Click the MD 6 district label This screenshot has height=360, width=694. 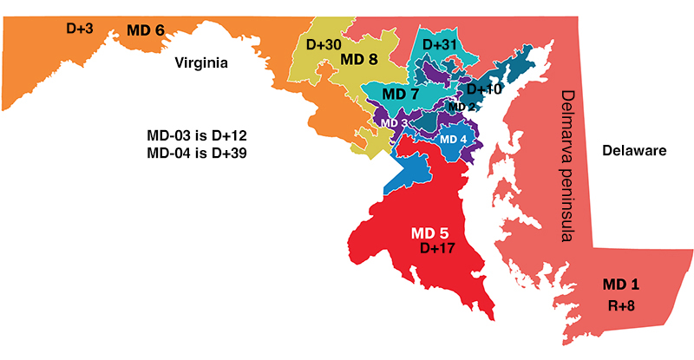pos(146,30)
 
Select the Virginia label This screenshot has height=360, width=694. pos(200,62)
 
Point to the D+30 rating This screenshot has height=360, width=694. pos(324,43)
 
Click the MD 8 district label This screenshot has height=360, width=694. pos(358,59)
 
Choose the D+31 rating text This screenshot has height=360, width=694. pos(440,43)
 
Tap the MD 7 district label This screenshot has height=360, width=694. pos(401,93)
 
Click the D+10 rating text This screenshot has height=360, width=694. pos(484,89)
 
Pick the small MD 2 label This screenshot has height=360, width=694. pos(462,107)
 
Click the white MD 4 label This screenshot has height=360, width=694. pos(454,139)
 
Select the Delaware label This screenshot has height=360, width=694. pos(633,151)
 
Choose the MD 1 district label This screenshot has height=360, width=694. pos(621,285)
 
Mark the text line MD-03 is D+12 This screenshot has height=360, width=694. pos(200,137)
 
